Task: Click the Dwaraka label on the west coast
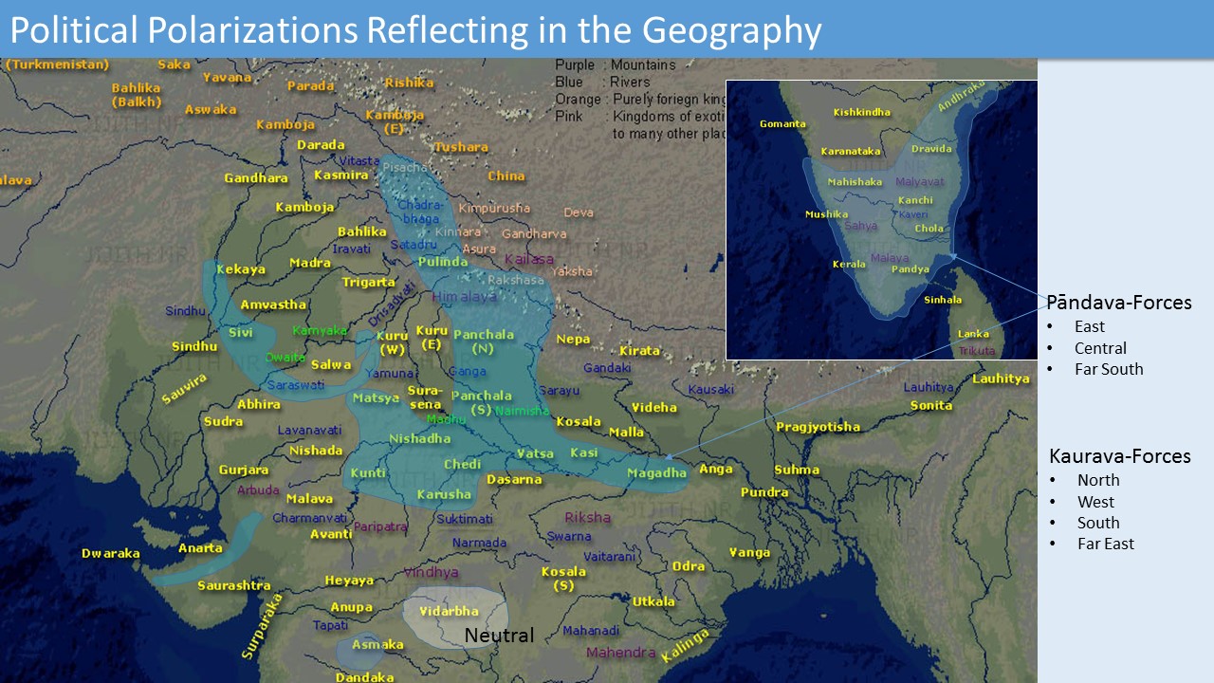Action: (111, 553)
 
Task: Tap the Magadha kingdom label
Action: (656, 472)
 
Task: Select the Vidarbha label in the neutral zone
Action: (449, 611)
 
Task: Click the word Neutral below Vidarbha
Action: (499, 636)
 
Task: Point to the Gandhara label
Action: (255, 177)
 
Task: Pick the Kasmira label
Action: (340, 175)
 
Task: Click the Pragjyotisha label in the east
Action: (818, 427)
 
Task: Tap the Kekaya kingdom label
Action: (241, 269)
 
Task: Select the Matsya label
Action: (376, 397)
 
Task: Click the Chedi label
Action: (462, 464)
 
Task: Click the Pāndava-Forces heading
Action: (1118, 303)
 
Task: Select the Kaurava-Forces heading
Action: (1119, 456)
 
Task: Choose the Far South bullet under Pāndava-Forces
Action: (1109, 369)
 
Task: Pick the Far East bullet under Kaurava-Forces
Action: (1105, 544)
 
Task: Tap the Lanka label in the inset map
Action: (973, 334)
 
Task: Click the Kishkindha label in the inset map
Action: (861, 112)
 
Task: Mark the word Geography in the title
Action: (730, 30)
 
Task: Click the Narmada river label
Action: (479, 543)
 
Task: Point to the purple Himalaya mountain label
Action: (464, 297)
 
